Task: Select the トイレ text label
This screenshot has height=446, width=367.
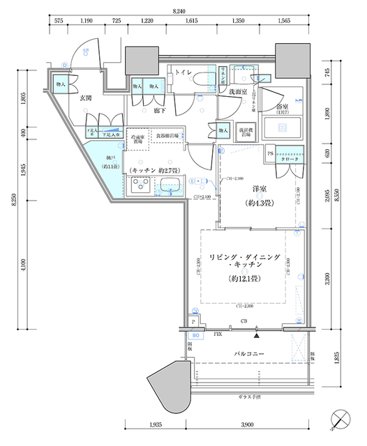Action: pos(183,72)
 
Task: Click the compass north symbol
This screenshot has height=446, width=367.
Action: pos(340,420)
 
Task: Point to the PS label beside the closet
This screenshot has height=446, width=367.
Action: pos(270,153)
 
